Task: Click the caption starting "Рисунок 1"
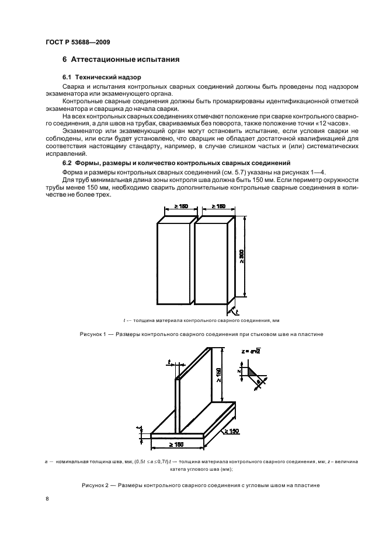tap(193, 334)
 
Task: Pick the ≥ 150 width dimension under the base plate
tap(178, 445)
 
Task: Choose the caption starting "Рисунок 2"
tap(193, 486)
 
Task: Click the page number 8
tap(47, 499)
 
